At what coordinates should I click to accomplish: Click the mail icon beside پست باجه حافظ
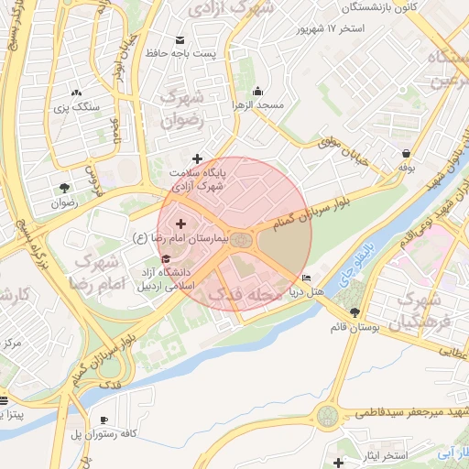point(179,39)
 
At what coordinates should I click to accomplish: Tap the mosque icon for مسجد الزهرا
point(258,91)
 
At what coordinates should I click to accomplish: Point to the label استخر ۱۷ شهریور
point(330,28)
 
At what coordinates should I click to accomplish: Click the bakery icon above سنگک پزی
point(75,93)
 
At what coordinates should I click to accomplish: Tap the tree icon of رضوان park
point(62,187)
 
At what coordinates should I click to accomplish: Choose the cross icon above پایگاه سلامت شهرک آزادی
point(197,158)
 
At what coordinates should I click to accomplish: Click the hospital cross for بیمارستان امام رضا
point(180,224)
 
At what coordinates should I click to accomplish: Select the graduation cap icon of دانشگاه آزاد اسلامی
point(165,258)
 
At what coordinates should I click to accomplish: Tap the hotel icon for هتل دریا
point(306,278)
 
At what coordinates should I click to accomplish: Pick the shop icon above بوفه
point(406,153)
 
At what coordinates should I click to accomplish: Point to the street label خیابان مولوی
point(343,150)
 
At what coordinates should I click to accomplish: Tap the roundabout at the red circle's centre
point(240,240)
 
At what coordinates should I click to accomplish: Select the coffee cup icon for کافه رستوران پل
point(103,420)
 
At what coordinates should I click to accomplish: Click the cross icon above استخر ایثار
point(340,463)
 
